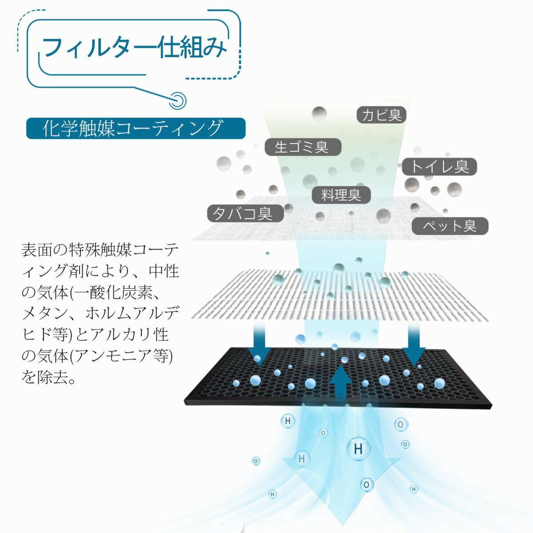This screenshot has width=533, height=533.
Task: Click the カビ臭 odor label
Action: click(381, 115)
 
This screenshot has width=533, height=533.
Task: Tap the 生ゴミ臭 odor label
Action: click(303, 147)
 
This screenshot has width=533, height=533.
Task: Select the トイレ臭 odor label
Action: click(440, 167)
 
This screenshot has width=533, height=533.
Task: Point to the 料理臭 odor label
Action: click(341, 195)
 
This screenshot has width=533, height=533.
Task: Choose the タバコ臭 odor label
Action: click(246, 213)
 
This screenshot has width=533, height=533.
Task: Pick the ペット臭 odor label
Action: click(450, 226)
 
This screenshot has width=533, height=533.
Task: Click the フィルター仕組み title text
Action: click(135, 47)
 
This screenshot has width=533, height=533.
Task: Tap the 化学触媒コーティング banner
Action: click(136, 128)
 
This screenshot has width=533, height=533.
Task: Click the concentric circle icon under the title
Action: click(178, 100)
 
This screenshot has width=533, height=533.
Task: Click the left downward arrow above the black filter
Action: click(259, 344)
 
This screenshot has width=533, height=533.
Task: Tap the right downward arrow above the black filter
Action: click(414, 344)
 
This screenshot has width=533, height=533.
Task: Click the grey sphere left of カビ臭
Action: click(319, 113)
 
